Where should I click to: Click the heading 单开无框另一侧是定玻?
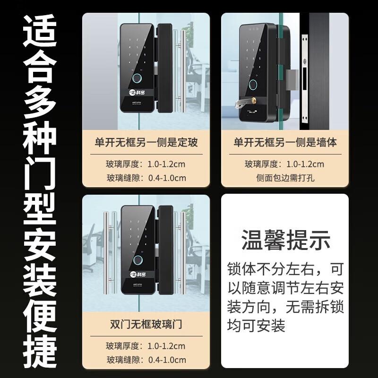click(146, 141)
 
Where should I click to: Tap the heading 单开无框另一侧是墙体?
click(285, 141)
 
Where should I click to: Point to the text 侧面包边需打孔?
click(285, 179)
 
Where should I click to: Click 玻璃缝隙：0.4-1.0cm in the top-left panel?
click(146, 178)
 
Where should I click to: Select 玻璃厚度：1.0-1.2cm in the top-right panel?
click(285, 164)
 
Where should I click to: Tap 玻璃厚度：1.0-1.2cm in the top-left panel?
click(146, 164)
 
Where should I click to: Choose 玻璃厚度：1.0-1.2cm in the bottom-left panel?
click(146, 346)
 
